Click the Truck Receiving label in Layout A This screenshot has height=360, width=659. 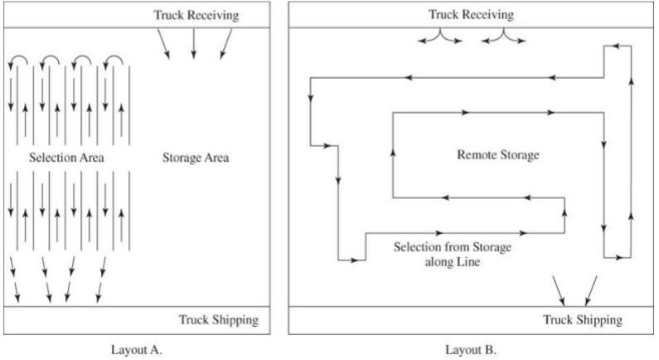click(196, 16)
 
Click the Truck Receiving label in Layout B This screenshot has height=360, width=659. click(472, 15)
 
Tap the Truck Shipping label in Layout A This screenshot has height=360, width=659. click(219, 319)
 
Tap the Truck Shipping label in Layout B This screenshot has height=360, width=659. click(582, 319)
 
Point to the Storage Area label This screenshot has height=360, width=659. click(196, 158)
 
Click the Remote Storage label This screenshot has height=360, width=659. click(498, 154)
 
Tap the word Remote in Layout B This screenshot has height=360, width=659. click(476, 154)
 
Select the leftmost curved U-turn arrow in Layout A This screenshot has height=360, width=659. click(17, 61)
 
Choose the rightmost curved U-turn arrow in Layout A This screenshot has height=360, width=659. click(114, 61)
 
